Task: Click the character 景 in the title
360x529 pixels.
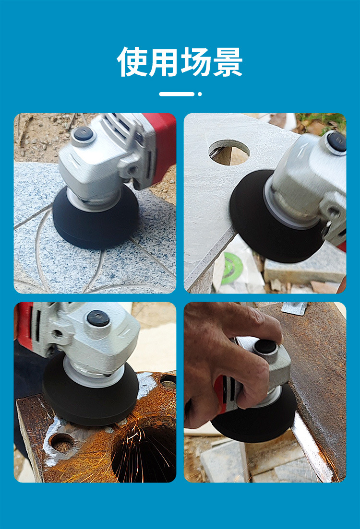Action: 227,62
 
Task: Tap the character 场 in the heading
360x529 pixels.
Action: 196,62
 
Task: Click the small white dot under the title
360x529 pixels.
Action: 200,94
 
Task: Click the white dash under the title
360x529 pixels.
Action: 177,94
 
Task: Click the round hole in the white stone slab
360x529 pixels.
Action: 229,152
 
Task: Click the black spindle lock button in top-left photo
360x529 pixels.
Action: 84,134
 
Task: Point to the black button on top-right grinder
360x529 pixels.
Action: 336,141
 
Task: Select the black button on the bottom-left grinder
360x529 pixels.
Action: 98,318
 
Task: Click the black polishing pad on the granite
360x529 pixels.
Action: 96,221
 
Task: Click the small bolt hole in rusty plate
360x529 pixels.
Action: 62,443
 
